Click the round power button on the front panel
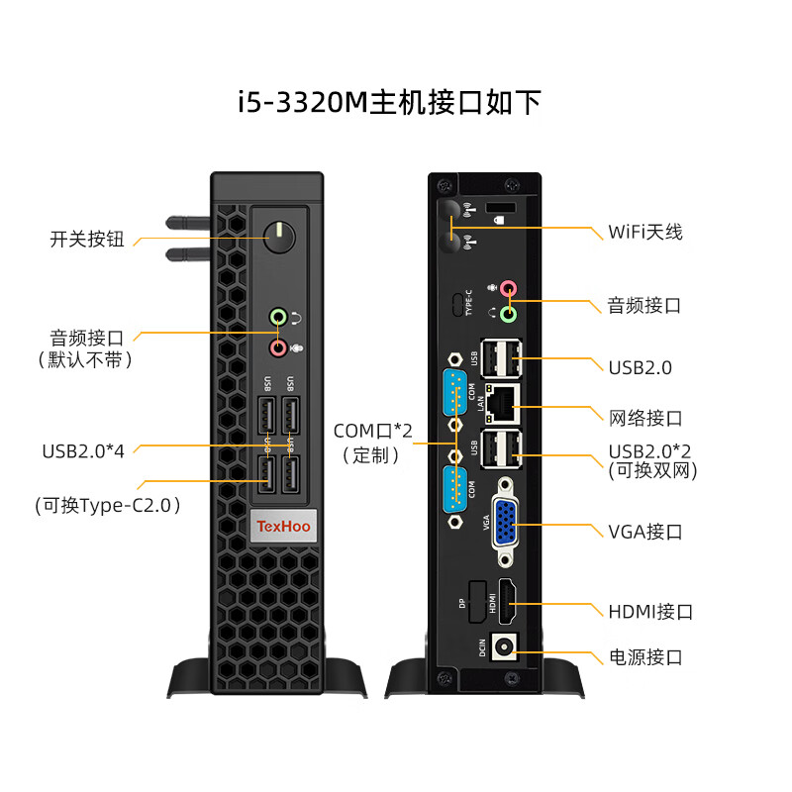(280, 235)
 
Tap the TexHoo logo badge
(284, 526)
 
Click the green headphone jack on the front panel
(279, 318)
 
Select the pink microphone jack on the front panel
(279, 346)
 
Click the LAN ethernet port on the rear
(503, 400)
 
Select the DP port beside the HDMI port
(476, 601)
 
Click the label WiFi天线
(644, 232)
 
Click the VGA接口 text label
(644, 532)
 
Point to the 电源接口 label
(644, 657)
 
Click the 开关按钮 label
(87, 239)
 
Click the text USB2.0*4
(83, 451)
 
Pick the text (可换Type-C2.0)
(109, 505)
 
